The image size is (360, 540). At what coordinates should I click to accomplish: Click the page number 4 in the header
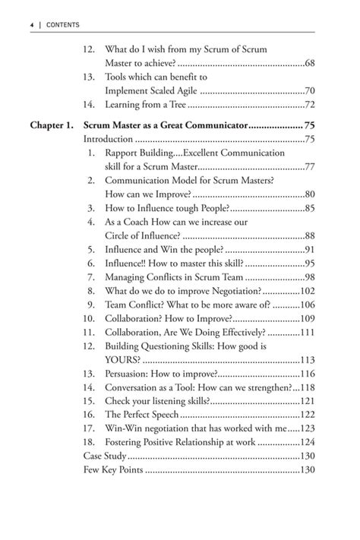32,24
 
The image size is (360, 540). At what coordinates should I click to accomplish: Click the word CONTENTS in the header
62,24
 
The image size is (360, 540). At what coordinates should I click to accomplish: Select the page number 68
308,63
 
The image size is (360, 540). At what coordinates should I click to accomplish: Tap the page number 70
308,90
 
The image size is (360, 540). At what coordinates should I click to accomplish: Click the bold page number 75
308,125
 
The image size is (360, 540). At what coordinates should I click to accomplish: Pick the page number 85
308,207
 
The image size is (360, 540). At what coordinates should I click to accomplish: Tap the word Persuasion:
132,373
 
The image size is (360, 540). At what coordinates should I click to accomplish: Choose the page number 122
306,414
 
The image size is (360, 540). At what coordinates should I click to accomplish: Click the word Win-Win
125,428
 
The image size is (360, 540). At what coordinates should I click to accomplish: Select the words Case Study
105,456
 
